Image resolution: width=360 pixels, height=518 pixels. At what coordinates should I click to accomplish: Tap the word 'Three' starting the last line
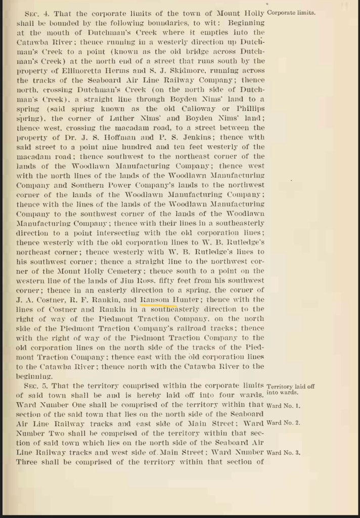pos(27,462)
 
